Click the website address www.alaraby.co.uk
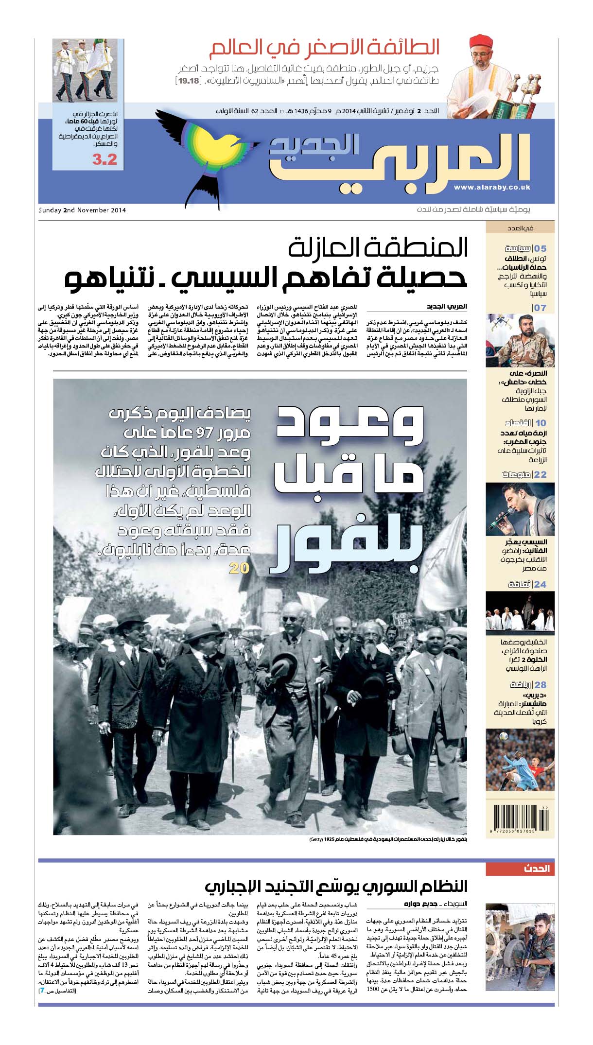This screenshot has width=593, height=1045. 492,187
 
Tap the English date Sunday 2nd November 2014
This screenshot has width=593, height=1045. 82,210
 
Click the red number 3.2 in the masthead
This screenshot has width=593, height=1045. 105,159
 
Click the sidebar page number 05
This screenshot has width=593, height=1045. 540,248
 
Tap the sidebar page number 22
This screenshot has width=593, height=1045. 540,474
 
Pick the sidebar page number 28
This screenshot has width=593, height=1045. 540,685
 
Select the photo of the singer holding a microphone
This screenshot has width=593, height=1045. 520,509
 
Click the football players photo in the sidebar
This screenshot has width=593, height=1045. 520,761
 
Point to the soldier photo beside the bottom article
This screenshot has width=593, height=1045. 520,947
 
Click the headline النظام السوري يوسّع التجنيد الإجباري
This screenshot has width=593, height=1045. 335,886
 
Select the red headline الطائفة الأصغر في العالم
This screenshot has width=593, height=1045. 324,48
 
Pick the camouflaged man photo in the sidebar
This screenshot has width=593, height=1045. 520,341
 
